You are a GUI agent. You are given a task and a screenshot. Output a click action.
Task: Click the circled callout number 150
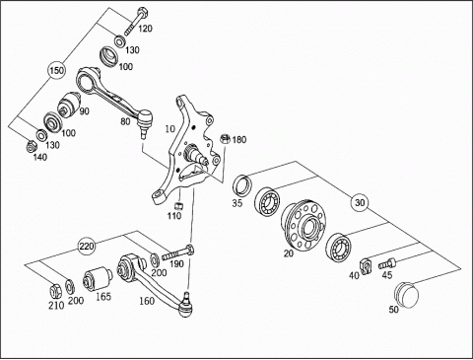pos(56,71)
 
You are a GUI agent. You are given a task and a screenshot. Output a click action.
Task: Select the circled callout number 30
pos(360,202)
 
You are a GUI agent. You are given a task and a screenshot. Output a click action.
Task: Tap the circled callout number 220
pos(87,246)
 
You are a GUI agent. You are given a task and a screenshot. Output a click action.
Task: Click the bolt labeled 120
pos(135,21)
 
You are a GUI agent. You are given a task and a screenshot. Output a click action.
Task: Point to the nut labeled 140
pos(32,146)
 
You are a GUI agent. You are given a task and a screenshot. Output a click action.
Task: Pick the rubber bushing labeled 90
pos(69,104)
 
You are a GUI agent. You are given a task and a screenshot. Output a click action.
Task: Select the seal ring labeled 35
pos(242,185)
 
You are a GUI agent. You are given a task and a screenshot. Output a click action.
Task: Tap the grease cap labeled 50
pos(407,295)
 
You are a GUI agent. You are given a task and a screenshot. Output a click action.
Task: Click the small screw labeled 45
pos(387,263)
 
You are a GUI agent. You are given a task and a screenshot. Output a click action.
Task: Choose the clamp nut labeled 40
pos(366,265)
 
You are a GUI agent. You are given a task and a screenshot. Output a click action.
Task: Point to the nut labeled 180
pos(225,139)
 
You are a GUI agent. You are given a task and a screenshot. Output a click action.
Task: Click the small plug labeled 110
pos(179,206)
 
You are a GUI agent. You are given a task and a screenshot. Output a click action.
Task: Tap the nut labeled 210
pos(55,290)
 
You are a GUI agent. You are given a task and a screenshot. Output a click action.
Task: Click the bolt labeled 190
pos(177,252)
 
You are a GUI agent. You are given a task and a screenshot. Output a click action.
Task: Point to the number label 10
pos(170,129)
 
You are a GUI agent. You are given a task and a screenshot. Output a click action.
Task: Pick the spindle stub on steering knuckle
pos(197,156)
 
